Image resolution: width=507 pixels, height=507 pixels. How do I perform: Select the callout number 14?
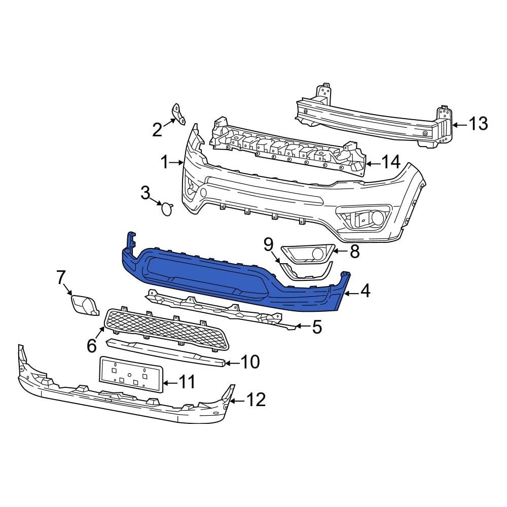(x=390, y=162)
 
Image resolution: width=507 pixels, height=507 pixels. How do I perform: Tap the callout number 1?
(x=164, y=162)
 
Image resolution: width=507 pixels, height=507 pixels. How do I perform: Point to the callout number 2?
(x=157, y=130)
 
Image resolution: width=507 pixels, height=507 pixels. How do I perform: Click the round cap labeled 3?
(x=166, y=208)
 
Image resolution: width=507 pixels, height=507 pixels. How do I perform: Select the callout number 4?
(x=365, y=291)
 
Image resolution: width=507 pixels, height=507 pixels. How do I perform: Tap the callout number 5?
(x=317, y=328)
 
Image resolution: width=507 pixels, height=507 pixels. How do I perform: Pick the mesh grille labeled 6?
(x=167, y=330)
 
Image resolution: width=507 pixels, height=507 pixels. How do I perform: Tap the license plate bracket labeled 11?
(x=131, y=375)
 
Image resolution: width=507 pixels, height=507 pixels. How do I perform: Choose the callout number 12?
(x=256, y=400)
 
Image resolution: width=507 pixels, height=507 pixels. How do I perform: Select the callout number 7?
(x=61, y=277)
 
